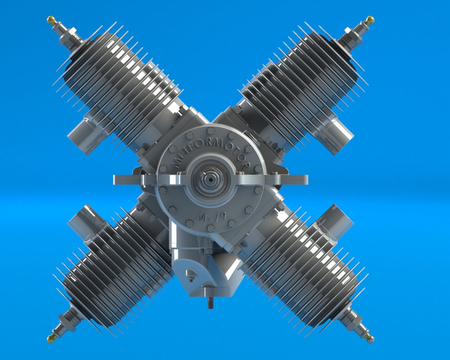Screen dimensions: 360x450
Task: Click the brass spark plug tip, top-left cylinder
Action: pyautogui.click(x=51, y=20)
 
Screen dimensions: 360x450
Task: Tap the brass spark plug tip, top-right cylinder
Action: pyautogui.click(x=370, y=20)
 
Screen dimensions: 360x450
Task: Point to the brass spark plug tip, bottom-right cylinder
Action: pyautogui.click(x=370, y=338)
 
